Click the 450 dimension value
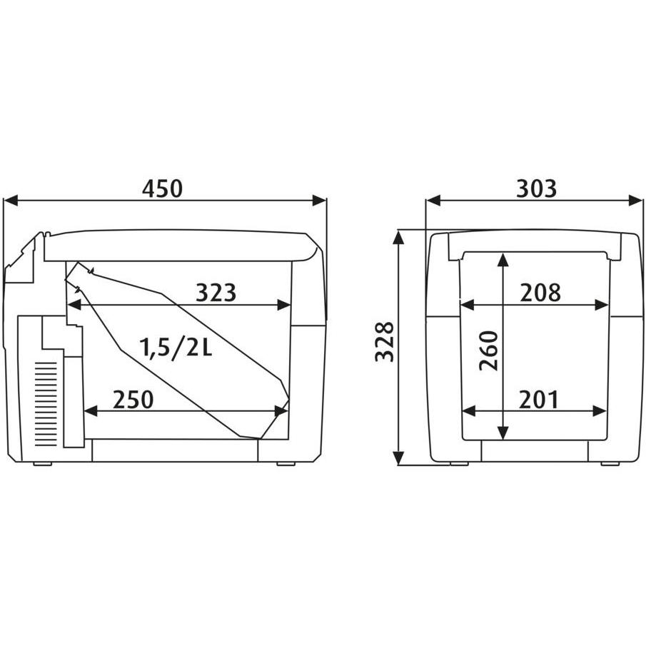pyautogui.click(x=162, y=189)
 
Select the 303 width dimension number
pyautogui.click(x=536, y=189)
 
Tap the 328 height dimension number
pyautogui.click(x=384, y=342)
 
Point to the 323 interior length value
pyautogui.click(x=216, y=293)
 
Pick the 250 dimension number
pyautogui.click(x=133, y=399)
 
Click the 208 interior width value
pyautogui.click(x=540, y=293)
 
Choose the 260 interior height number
pyautogui.click(x=489, y=350)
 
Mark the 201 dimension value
pyautogui.click(x=538, y=399)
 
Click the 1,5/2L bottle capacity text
pyautogui.click(x=176, y=347)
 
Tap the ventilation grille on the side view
pyautogui.click(x=46, y=404)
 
